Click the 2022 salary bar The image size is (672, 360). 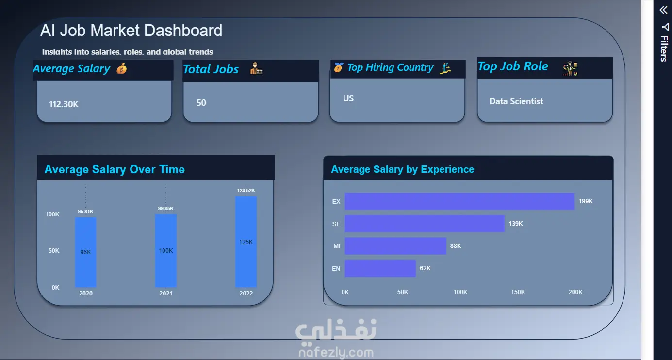point(246,242)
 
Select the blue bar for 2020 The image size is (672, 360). point(85,252)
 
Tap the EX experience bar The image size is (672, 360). point(459,201)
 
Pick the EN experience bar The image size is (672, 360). point(380,268)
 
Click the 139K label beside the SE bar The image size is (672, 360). point(516,224)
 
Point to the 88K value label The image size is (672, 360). point(456,246)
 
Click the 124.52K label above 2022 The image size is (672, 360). point(246,191)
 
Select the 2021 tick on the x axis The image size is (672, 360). point(165,294)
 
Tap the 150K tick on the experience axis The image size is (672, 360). point(518,292)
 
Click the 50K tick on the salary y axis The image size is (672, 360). point(54,250)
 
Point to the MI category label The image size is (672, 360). point(337,246)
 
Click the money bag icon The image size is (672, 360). point(121,69)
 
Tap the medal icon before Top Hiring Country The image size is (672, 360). point(338,67)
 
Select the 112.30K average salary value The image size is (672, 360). point(64,104)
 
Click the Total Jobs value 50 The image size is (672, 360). point(201,103)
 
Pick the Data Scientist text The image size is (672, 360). point(516,101)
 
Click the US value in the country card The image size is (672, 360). point(348,98)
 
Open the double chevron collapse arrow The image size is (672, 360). point(663,10)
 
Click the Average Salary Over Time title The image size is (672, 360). point(115,169)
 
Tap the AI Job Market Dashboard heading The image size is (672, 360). point(131,30)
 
